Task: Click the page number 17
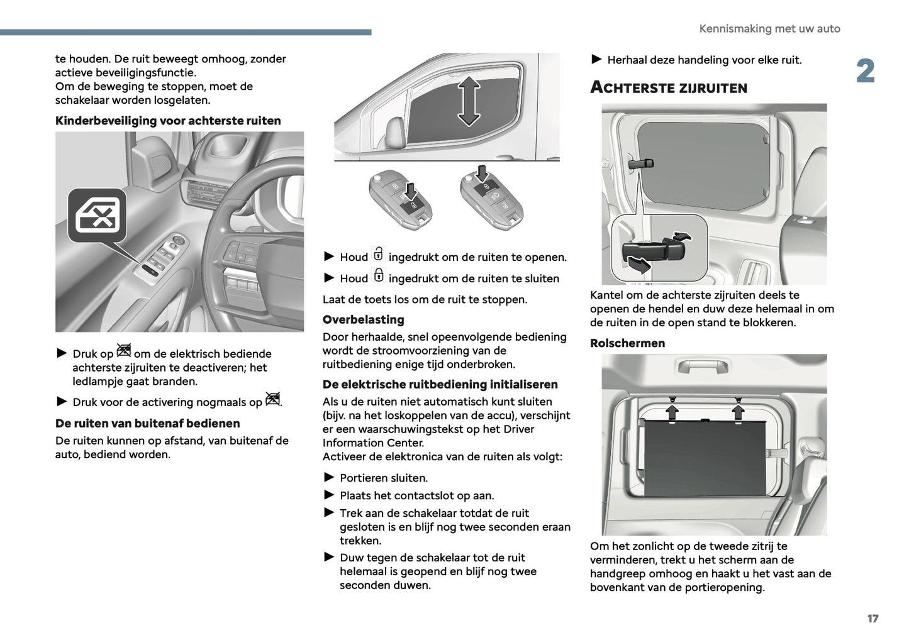coord(873,619)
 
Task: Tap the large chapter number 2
coord(866,71)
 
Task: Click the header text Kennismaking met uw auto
coord(769,29)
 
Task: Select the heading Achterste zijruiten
coord(668,88)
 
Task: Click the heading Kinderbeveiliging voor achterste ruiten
coord(168,121)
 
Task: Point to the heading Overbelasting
coord(363,319)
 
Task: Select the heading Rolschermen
coord(627,343)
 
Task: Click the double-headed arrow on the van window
coord(469,101)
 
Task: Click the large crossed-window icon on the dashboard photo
coord(98,216)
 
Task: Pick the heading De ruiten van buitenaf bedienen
coord(147,424)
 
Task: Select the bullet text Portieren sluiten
coord(384,478)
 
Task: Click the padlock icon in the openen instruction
coord(378,255)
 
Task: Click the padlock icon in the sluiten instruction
coord(378,275)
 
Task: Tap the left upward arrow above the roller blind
coord(672,411)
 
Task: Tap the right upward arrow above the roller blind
coord(738,411)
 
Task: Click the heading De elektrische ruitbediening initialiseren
coord(440,385)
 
